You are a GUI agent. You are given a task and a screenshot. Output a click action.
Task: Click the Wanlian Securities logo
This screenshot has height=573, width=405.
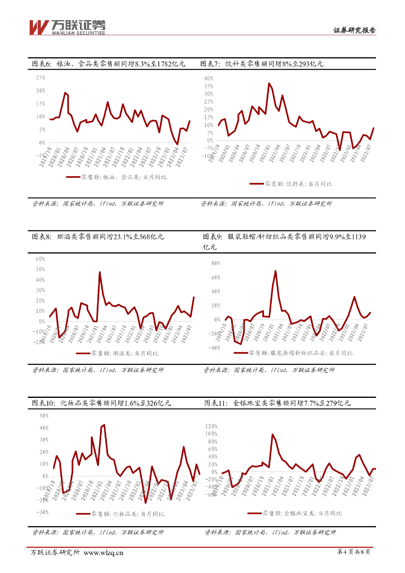tap(67, 26)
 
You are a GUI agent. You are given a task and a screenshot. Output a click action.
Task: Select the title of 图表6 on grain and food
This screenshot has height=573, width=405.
tap(108, 64)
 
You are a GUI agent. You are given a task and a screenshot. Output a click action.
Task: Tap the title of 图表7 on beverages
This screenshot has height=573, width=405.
tap(262, 64)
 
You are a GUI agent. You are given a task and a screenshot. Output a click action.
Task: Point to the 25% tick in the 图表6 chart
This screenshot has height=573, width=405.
tap(40, 77)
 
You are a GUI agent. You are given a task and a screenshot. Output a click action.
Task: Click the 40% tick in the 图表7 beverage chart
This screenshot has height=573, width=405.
tap(208, 78)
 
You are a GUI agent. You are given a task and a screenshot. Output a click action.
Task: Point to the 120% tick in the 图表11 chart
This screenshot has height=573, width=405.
tap(210, 426)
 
